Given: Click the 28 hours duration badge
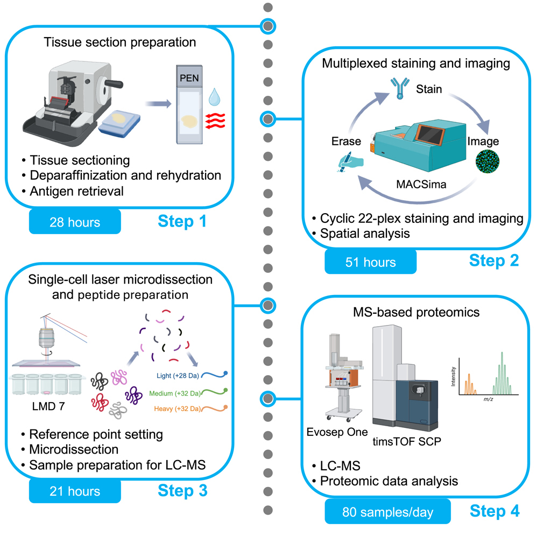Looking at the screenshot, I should coord(75,222).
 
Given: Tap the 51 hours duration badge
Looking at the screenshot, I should coord(370,262).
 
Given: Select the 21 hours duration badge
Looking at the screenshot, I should coord(75,491).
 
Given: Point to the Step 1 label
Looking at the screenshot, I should coord(182,221).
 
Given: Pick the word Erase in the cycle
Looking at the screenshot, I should coord(346,142).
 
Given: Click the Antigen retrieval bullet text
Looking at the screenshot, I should coord(77,191).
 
